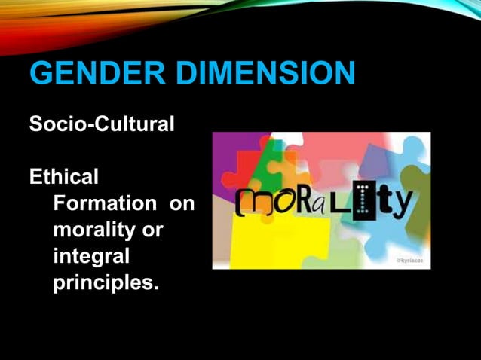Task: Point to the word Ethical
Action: click(63, 178)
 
